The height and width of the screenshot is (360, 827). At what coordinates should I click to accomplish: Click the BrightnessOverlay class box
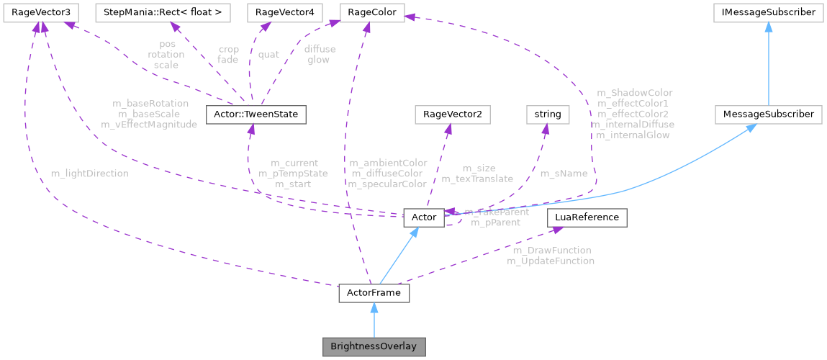click(374, 346)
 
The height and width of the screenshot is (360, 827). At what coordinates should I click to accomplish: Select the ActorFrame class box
click(374, 294)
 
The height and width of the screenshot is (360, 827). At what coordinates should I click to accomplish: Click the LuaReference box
click(587, 217)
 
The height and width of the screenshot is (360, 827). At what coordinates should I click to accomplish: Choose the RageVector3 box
click(40, 12)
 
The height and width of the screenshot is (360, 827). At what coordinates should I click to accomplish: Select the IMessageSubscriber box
click(769, 12)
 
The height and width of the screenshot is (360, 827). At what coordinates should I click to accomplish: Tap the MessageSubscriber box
click(769, 114)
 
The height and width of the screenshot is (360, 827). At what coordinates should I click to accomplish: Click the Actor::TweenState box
click(256, 114)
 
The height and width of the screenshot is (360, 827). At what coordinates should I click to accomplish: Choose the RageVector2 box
click(448, 114)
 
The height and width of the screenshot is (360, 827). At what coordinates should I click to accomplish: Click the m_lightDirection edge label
click(90, 174)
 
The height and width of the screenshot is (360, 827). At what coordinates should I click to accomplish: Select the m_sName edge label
click(564, 174)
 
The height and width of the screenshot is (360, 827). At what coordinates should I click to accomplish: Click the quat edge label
click(268, 54)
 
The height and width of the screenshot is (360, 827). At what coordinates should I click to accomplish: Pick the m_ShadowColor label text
click(635, 93)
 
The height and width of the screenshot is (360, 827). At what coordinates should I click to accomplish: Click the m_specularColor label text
click(387, 184)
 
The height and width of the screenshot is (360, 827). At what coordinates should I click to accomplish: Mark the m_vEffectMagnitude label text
click(150, 125)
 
